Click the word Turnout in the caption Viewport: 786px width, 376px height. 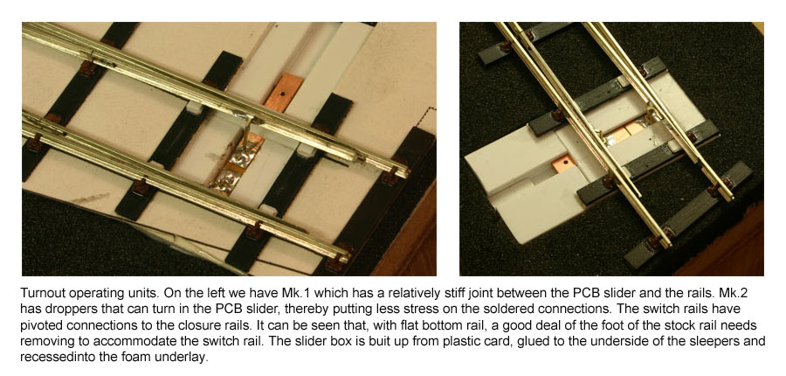[x=38, y=293]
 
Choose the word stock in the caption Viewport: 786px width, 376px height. [x=688, y=324]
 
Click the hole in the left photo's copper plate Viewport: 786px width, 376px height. [x=283, y=93]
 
